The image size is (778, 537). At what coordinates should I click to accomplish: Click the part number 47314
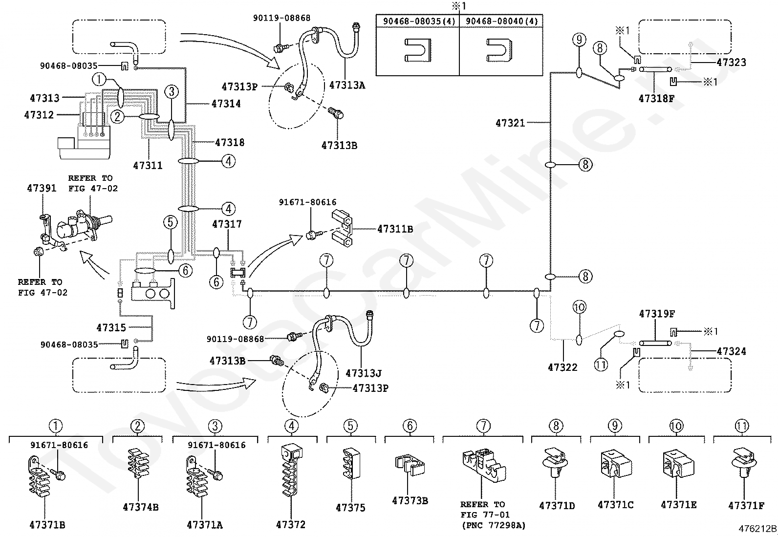226,104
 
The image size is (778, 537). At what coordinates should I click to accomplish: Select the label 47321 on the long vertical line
510,123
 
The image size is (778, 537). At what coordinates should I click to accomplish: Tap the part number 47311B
395,229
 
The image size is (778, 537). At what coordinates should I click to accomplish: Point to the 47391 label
42,188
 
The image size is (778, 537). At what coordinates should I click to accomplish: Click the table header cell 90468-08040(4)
501,21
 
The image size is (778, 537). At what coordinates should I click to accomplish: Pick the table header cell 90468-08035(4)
419,21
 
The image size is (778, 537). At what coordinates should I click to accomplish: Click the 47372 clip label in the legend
291,524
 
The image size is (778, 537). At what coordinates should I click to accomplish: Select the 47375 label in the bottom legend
350,508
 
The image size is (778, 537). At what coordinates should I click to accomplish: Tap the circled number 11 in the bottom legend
742,426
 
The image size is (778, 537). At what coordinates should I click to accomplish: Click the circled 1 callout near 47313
99,80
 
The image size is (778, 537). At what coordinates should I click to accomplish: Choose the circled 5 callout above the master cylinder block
170,222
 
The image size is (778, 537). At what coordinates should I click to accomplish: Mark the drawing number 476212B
757,529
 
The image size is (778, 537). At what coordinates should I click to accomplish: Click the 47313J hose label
364,373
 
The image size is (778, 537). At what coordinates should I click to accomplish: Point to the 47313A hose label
347,86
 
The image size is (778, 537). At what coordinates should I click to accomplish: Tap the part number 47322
562,367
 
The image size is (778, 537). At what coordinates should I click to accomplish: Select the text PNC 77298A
494,526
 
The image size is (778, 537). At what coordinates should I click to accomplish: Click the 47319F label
657,314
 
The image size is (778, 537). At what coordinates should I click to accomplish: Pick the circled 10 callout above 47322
579,307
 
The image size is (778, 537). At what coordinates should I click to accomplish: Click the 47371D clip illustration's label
557,506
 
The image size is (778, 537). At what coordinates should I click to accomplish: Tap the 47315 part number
111,327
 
